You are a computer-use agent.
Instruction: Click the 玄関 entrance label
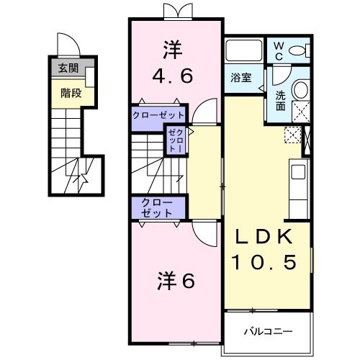[x=68, y=69]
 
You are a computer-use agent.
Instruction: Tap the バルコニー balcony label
[x=267, y=332]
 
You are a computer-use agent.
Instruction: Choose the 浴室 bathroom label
[x=240, y=77]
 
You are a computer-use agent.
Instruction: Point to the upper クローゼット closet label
[x=158, y=115]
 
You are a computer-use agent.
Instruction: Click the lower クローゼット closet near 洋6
[x=156, y=207]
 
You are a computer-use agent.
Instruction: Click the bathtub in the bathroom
[x=243, y=51]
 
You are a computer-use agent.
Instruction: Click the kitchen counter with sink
[x=297, y=181]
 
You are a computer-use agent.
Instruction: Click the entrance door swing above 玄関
[x=66, y=45]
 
